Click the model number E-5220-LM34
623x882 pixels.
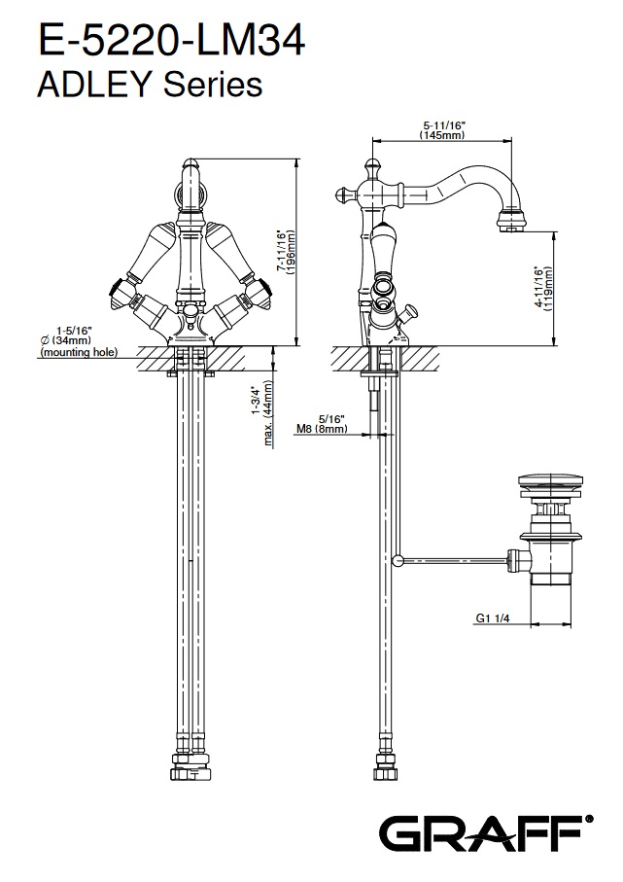[x=171, y=42]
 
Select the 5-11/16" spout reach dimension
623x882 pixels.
[x=444, y=125]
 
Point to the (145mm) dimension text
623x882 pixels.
[x=444, y=136]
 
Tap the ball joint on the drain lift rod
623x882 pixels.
[x=397, y=559]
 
